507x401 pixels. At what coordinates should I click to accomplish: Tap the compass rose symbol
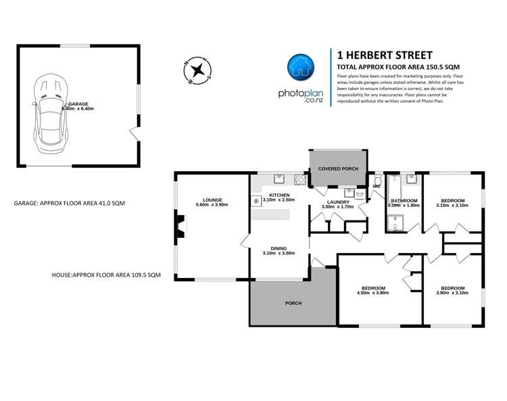click(198, 70)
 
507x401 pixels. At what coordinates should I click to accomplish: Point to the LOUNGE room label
click(212, 199)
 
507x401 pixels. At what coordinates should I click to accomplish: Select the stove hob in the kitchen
click(299, 179)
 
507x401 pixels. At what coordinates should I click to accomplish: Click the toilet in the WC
click(377, 196)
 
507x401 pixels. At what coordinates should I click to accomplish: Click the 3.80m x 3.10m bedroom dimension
click(453, 293)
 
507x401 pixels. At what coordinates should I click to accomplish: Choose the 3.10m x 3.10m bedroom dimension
click(453, 205)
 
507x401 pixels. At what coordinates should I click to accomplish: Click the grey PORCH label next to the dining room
click(293, 302)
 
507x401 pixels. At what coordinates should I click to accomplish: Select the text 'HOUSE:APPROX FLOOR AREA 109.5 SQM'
click(106, 275)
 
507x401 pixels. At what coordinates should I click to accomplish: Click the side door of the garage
click(137, 133)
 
